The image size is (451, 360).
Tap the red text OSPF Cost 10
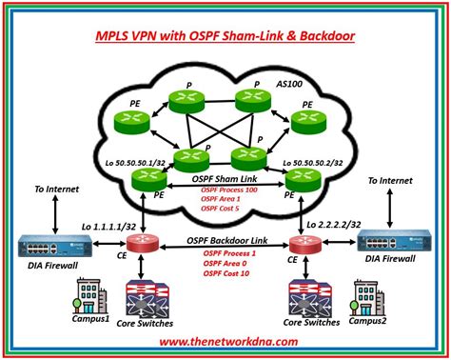pos(226,274)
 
